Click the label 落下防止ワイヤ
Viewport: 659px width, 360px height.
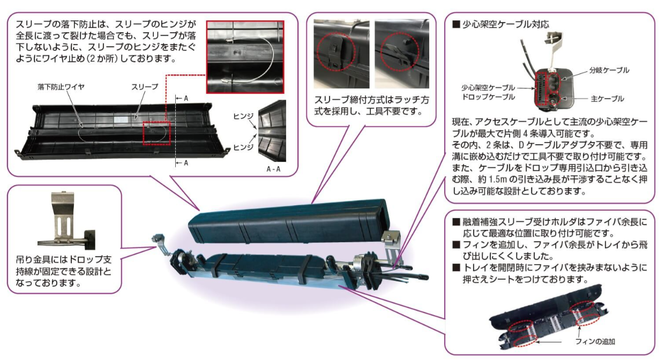[x=61, y=87]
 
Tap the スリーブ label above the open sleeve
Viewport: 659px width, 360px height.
[x=145, y=87]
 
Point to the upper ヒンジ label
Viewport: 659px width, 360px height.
[x=243, y=116]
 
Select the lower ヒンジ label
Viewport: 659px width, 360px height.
[x=243, y=147]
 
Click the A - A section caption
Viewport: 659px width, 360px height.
[x=273, y=169]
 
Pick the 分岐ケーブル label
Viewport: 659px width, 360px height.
[x=609, y=70]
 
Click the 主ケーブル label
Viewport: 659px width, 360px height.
[x=607, y=99]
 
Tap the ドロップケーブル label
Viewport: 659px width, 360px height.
[x=489, y=97]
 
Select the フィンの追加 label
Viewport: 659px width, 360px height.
[x=595, y=341]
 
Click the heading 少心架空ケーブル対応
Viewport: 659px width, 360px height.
[x=506, y=24]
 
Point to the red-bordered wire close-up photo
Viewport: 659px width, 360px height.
[x=245, y=57]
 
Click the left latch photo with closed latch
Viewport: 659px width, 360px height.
[x=341, y=54]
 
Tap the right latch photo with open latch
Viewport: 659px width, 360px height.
[x=402, y=54]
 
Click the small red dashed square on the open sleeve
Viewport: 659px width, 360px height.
[x=157, y=133]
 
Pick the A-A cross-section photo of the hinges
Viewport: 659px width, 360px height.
[x=272, y=131]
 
